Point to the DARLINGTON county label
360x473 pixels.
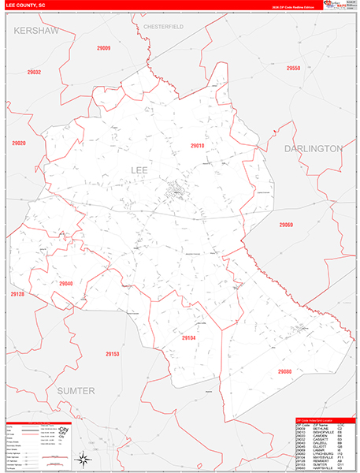(x=313, y=147)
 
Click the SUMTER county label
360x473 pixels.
(x=76, y=390)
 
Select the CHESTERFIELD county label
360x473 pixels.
(x=164, y=27)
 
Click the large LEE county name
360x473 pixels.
(x=139, y=169)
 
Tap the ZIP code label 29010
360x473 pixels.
(x=197, y=146)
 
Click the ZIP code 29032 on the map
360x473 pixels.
(x=34, y=73)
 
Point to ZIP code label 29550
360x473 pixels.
(x=293, y=69)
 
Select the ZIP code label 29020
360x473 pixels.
(x=19, y=143)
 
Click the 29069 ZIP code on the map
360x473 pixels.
(x=285, y=225)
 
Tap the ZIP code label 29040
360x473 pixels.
(x=65, y=284)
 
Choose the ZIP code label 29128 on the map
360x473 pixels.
(x=17, y=294)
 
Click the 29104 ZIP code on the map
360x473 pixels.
(x=188, y=337)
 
